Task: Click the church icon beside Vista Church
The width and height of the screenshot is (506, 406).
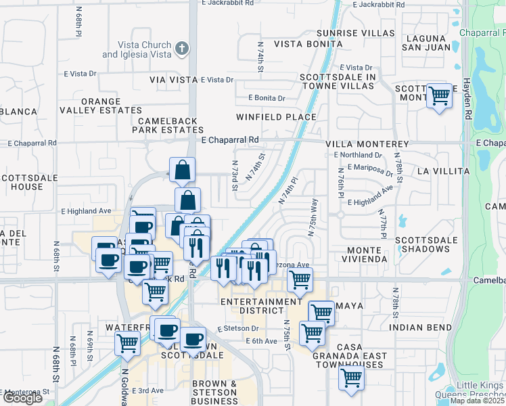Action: pyautogui.click(x=181, y=48)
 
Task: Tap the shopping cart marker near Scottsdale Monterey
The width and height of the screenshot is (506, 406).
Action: pyautogui.click(x=440, y=95)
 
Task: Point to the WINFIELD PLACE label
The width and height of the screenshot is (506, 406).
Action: pyautogui.click(x=276, y=117)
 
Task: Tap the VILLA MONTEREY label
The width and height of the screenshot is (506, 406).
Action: pyautogui.click(x=367, y=144)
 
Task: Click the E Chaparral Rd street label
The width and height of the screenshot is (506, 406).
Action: pyautogui.click(x=230, y=139)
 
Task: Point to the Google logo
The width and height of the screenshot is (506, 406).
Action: pyautogui.click(x=22, y=398)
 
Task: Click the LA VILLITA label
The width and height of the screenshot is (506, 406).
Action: pyautogui.click(x=442, y=172)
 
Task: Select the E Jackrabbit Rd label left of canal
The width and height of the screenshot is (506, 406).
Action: pyautogui.click(x=227, y=3)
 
